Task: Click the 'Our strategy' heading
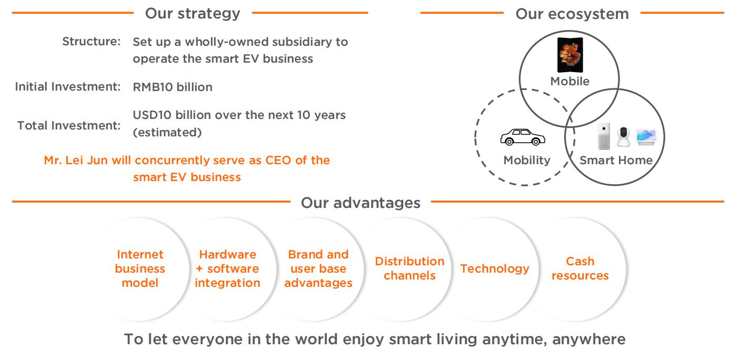pos(193,14)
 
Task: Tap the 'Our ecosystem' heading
pos(572,14)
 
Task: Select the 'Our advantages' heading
pos(361,203)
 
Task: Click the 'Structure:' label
pos(92,42)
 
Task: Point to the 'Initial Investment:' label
pos(68,87)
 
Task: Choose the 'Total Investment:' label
pos(69,125)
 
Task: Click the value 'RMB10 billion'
pos(173,87)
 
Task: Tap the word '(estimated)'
pos(167,132)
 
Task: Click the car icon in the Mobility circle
pos(523,137)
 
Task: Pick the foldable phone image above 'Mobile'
pos(570,55)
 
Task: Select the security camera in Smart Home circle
pos(624,136)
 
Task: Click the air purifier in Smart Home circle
pos(604,136)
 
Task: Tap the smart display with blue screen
pos(646,137)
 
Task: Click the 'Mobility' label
pos(527,161)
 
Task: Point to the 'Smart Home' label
pos(616,161)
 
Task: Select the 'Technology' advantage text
pos(495,269)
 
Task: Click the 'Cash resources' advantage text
pos(580,268)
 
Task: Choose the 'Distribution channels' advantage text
pos(409,268)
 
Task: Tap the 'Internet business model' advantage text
pos(140,268)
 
